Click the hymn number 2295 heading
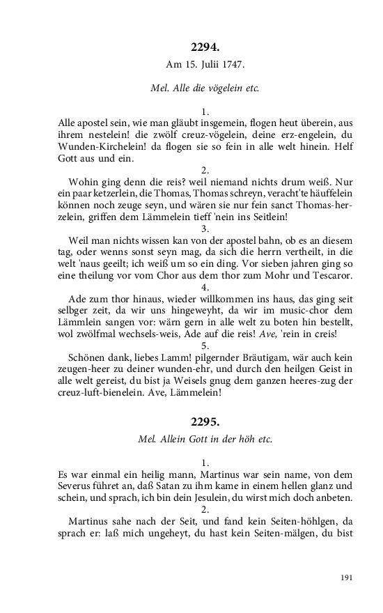tap(205, 422)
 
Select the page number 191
tap(347, 577)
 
